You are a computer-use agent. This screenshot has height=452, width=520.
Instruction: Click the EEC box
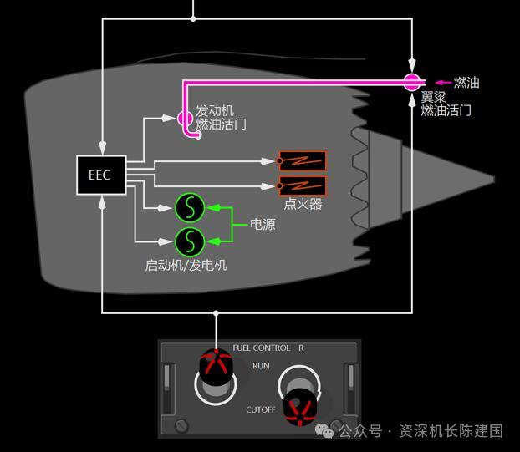101,175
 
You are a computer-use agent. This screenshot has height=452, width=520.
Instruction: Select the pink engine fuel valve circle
185,119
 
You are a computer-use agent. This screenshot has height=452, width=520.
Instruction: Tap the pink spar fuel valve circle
411,82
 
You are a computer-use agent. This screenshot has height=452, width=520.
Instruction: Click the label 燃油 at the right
466,83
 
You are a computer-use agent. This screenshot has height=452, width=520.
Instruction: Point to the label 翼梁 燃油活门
446,104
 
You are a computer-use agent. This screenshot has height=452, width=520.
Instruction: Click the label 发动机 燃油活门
221,118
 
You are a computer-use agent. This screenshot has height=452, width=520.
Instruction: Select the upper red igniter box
302,161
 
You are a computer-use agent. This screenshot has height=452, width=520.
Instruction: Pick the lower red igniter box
302,185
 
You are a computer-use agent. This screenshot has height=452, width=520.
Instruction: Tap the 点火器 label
303,204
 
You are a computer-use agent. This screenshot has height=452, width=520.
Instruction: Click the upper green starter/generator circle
190,206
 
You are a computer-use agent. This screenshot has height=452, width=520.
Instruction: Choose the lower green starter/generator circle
190,241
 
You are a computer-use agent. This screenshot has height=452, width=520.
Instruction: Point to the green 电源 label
263,225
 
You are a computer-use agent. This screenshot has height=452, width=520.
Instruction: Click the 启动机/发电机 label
186,265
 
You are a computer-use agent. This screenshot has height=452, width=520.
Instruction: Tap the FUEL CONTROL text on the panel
262,348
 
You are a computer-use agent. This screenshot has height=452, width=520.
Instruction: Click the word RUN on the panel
261,366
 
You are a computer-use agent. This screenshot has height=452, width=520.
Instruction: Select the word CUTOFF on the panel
260,410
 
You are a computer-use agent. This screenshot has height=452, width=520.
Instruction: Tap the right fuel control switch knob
299,407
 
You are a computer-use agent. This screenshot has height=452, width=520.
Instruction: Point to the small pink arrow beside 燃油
442,83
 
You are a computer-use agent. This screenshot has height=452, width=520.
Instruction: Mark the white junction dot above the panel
216,313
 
